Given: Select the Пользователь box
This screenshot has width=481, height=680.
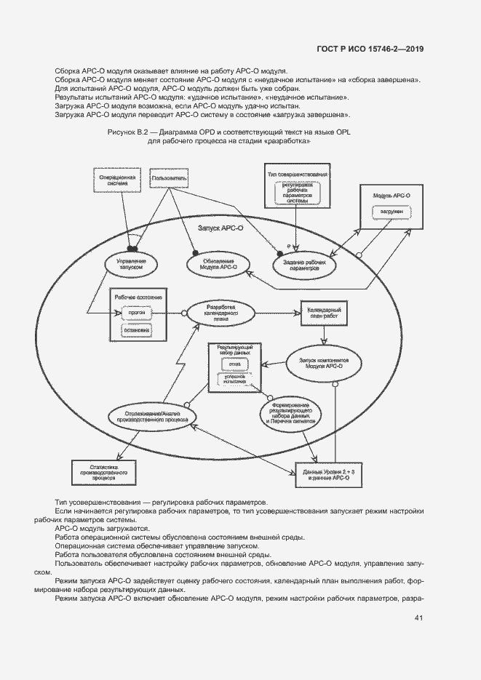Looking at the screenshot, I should [169, 177].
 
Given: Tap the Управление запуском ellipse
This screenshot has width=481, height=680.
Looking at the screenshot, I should [132, 263].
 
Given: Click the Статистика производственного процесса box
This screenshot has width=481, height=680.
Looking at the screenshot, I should [102, 472].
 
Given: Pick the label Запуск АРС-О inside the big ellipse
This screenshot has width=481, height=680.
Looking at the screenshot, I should [220, 228].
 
